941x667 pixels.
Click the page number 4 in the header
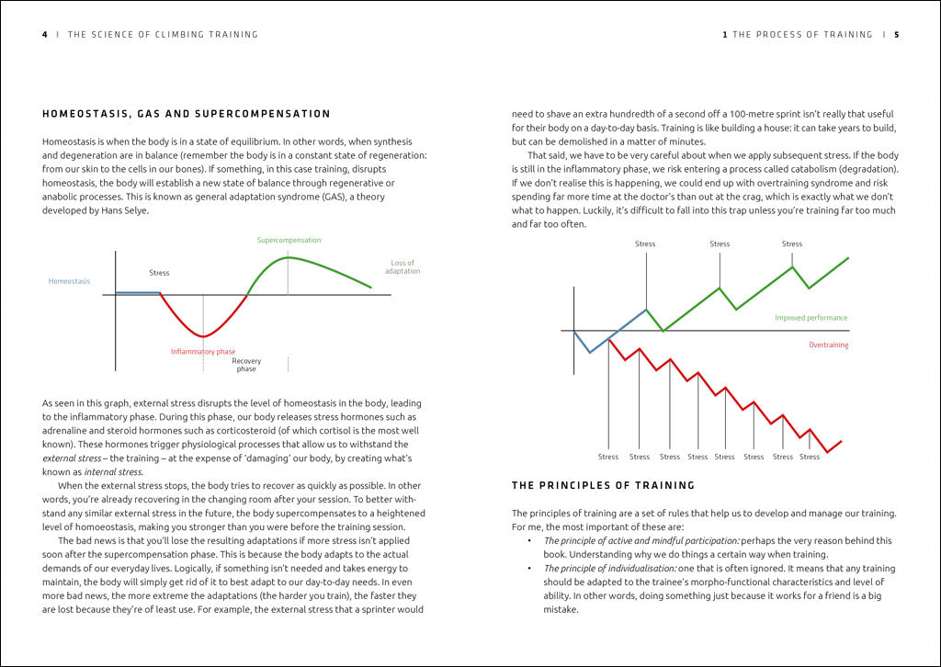coord(45,35)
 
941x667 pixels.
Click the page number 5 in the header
coord(896,35)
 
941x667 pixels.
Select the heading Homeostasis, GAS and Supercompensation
coord(187,114)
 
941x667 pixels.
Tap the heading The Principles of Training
coord(603,485)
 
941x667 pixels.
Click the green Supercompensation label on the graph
coord(289,241)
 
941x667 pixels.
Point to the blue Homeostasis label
coord(69,281)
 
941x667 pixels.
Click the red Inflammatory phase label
coord(203,351)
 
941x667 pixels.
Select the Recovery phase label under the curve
coord(246,365)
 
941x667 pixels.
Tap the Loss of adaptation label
coord(402,267)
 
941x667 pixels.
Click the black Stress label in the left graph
coord(159,273)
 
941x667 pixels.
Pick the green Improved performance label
coord(811,318)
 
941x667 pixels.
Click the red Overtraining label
coord(828,345)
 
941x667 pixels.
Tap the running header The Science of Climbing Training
coord(163,35)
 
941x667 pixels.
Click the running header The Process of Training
coord(802,35)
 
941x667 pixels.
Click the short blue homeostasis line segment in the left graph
coord(138,293)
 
